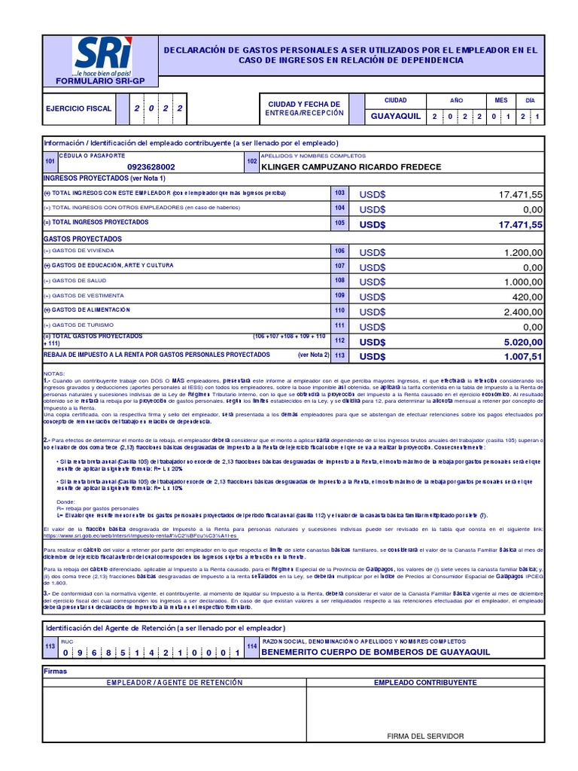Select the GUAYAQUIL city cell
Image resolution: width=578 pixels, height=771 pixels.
coord(395,116)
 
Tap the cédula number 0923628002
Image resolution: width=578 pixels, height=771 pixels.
coord(151,167)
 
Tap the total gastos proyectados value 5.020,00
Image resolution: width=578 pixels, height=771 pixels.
coord(520,341)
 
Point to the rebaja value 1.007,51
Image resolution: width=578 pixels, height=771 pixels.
coord(520,356)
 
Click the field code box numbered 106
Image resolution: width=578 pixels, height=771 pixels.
coord(340,251)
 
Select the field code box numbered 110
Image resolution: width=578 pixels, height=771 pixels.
coord(340,310)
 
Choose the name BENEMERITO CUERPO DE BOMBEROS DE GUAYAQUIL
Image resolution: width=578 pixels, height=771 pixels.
coord(375,652)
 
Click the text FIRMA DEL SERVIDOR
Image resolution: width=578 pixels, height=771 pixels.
coord(425,736)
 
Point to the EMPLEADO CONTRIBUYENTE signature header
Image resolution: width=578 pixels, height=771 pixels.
coord(425,682)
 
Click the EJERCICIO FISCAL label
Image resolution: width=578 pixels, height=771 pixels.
coord(79,108)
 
